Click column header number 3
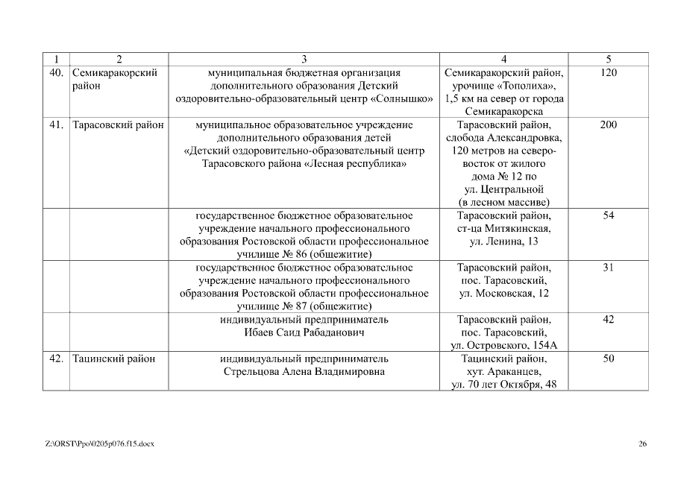304,59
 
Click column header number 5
608,59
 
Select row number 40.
55,73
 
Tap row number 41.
55,125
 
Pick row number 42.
55,358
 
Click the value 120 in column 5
608,73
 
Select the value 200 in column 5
608,125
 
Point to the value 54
608,215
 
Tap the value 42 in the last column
608,320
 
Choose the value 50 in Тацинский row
608,358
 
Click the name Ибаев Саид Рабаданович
304,332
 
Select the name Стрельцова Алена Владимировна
304,371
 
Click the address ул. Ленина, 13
504,241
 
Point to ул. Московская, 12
504,294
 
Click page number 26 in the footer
642,444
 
